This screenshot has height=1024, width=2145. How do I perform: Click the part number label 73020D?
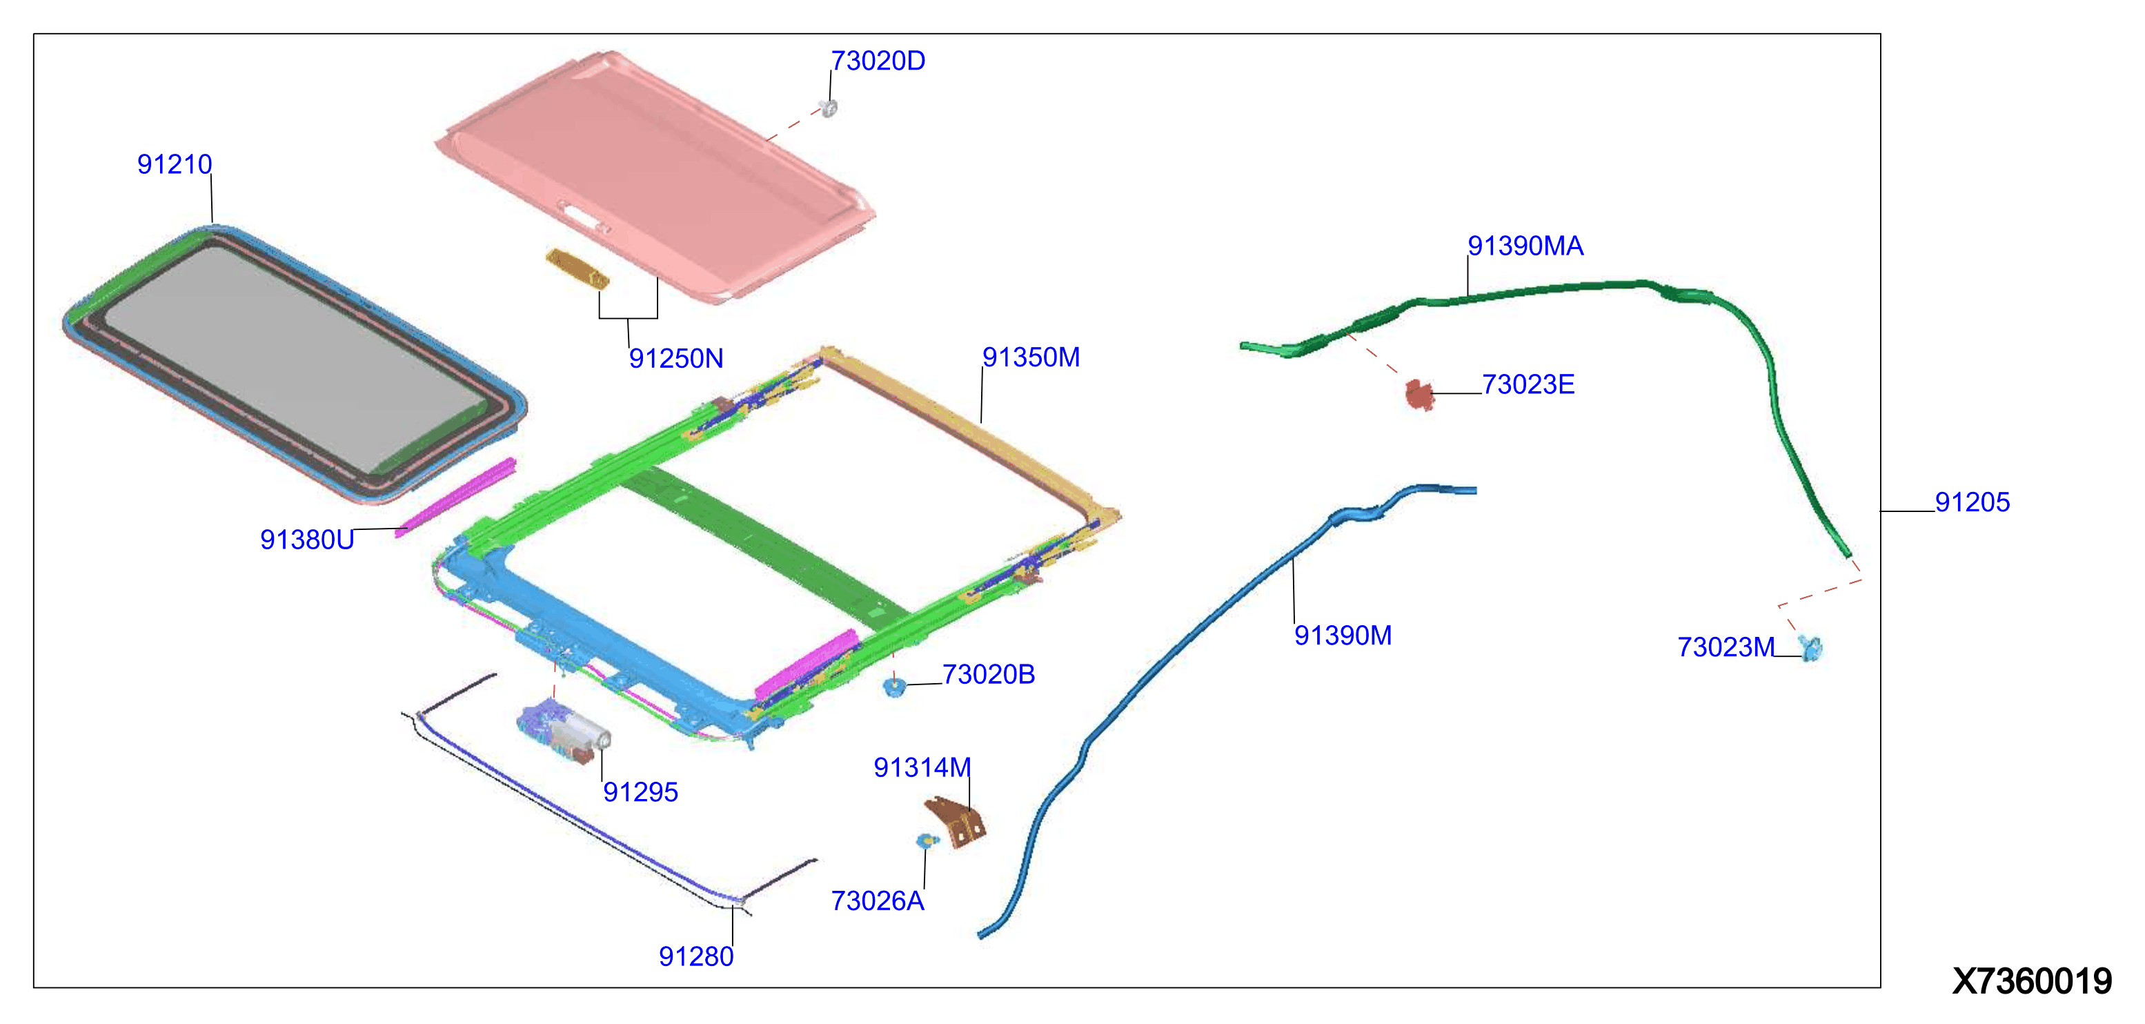(878, 61)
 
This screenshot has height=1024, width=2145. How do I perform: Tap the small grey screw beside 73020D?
(828, 108)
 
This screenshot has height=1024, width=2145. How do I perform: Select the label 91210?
(174, 164)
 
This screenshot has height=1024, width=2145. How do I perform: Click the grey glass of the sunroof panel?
(291, 350)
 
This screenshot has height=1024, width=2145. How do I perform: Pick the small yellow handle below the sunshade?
(576, 269)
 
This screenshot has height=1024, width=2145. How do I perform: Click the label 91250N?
(675, 359)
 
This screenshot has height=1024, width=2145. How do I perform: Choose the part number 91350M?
(1031, 357)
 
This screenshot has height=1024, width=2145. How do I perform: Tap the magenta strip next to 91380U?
(456, 496)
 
